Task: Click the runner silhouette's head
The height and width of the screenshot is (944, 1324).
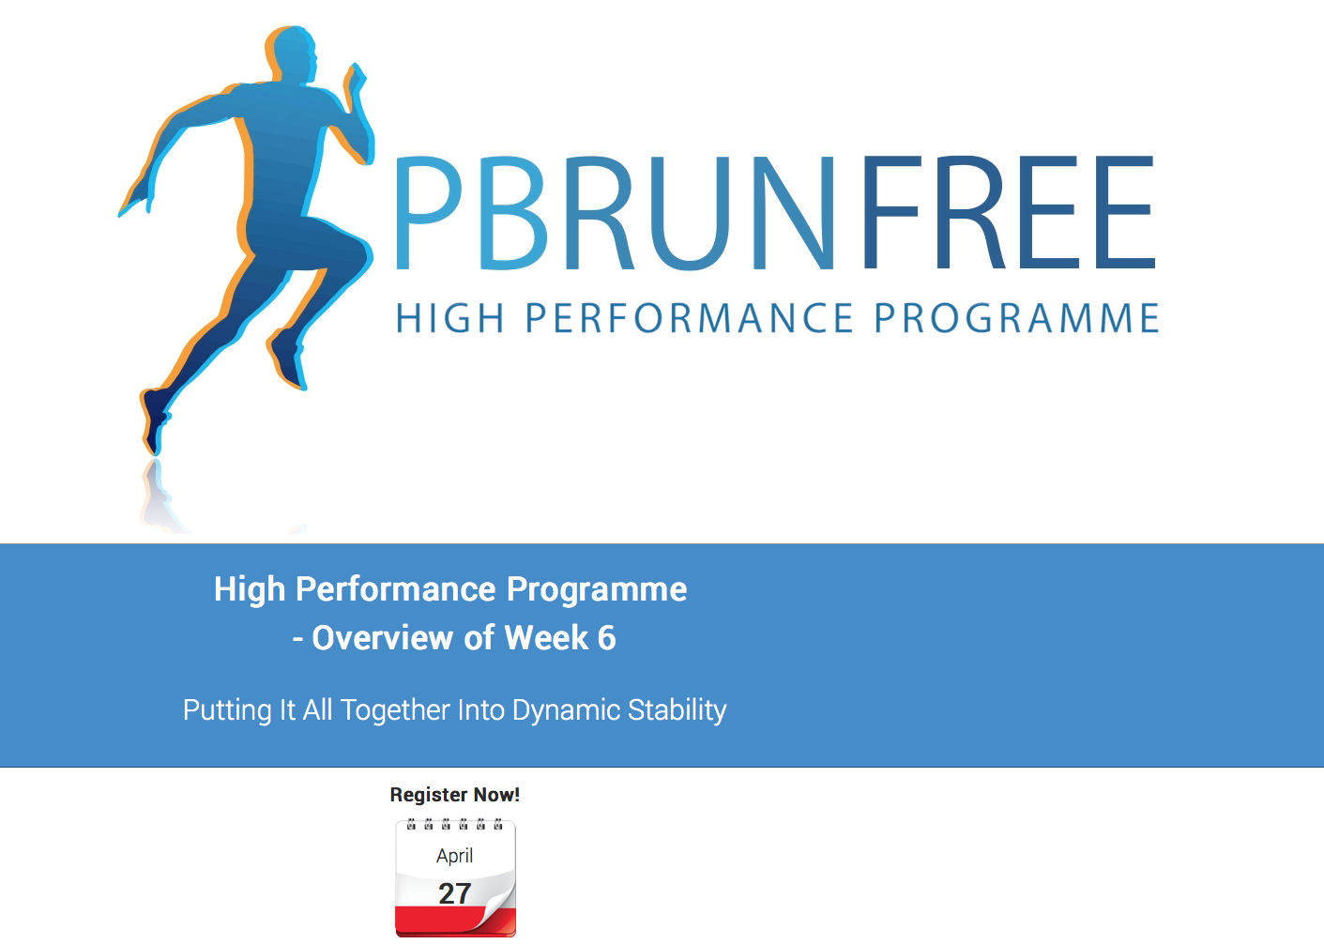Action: click(x=291, y=54)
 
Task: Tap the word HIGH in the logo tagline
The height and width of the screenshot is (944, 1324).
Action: click(x=449, y=318)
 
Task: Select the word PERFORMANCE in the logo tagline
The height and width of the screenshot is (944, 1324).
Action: click(x=689, y=318)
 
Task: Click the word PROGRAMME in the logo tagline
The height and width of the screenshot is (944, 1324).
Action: click(x=1016, y=318)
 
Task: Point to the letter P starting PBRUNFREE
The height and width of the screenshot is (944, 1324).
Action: click(x=428, y=213)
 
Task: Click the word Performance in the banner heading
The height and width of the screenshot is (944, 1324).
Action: click(x=395, y=590)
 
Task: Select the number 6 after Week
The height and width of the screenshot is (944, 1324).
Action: click(x=606, y=638)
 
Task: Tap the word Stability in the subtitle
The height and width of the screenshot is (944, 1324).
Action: click(x=677, y=710)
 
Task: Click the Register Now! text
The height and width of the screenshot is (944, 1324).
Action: click(x=454, y=795)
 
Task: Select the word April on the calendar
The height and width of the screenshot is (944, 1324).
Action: click(x=454, y=857)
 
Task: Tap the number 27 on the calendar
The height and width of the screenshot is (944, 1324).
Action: click(x=454, y=893)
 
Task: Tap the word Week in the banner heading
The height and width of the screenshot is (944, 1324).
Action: click(x=547, y=638)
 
